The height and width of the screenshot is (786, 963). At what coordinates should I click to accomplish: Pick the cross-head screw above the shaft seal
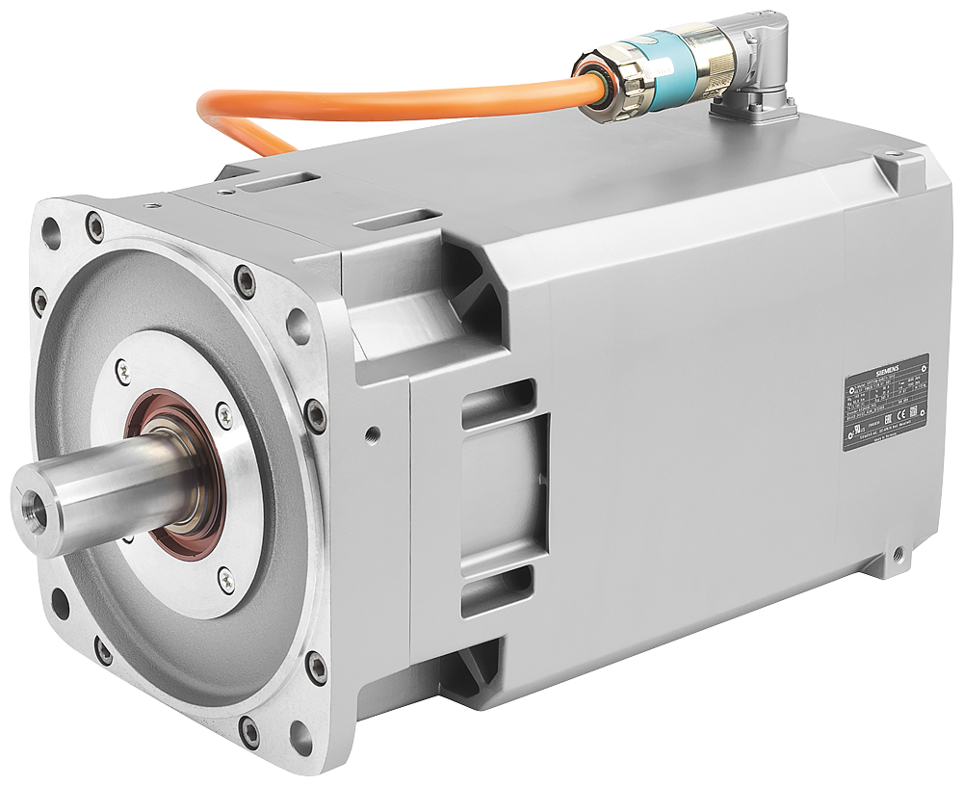tap(124, 366)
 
